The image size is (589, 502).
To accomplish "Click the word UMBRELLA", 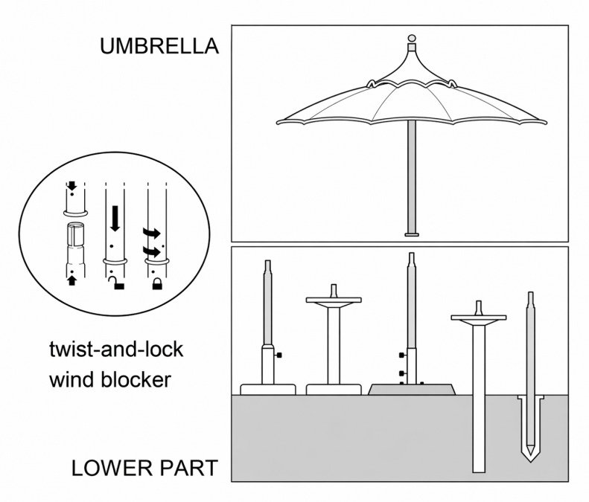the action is click(x=159, y=46).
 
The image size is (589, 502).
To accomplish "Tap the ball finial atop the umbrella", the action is click(x=412, y=38).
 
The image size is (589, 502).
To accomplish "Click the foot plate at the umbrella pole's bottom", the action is click(x=412, y=234).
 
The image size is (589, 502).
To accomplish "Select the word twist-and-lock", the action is click(x=116, y=350).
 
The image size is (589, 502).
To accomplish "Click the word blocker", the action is click(x=136, y=379).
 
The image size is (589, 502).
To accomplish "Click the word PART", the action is click(x=188, y=468).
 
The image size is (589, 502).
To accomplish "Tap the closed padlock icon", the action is click(x=157, y=283).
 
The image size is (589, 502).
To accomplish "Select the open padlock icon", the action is click(x=117, y=283).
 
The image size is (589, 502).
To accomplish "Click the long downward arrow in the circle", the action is click(x=115, y=218).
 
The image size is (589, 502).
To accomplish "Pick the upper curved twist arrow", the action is click(x=151, y=233).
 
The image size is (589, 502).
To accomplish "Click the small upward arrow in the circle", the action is click(x=72, y=280).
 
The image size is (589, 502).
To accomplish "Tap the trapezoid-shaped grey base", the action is click(x=412, y=389).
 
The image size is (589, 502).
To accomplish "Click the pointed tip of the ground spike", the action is click(x=530, y=461).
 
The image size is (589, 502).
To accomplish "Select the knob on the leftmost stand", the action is click(x=278, y=355).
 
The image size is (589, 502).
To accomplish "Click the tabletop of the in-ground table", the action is click(x=478, y=318).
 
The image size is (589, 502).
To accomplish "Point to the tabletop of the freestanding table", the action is click(x=334, y=300).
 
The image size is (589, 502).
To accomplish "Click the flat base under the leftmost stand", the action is click(x=268, y=390).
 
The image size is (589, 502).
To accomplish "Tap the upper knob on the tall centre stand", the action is click(x=402, y=355).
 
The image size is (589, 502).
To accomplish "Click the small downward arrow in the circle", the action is click(x=71, y=186).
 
